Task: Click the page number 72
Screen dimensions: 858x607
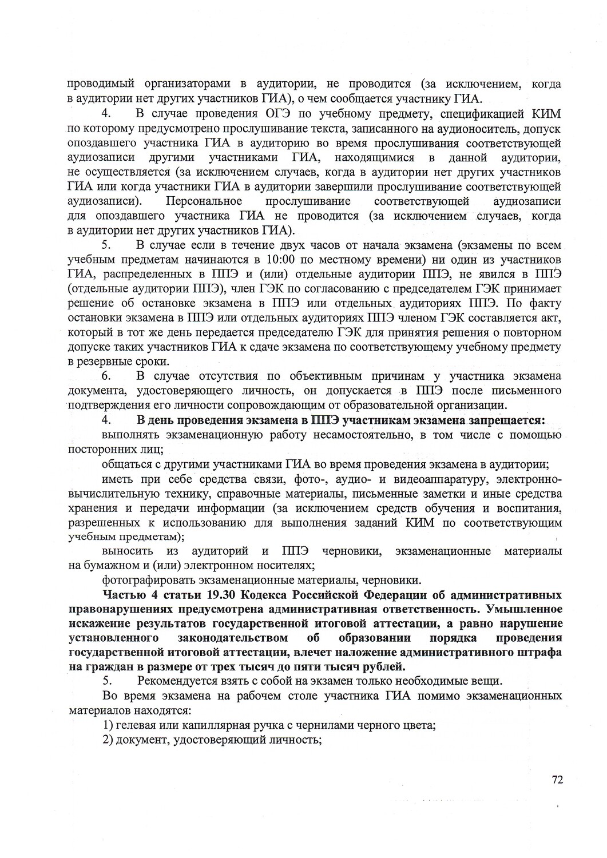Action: (x=558, y=779)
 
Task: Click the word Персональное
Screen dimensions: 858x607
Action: (x=204, y=201)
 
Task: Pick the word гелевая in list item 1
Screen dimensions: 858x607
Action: (x=136, y=725)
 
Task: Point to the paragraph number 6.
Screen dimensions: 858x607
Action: (x=106, y=376)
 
